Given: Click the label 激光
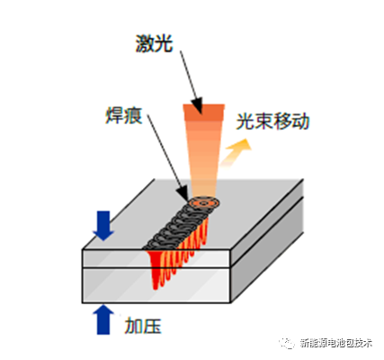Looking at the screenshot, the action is (x=155, y=44).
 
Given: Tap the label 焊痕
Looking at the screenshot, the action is (x=124, y=115).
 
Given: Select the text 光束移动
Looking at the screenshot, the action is (x=272, y=121).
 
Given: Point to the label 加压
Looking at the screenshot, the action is (x=143, y=326).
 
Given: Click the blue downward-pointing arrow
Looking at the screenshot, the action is (x=103, y=226).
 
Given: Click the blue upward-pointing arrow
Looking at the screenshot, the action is (x=103, y=319).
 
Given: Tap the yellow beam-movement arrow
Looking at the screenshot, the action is (x=236, y=152).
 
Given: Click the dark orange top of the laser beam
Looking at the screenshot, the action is (x=204, y=112).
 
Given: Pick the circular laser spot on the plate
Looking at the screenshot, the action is (x=204, y=203).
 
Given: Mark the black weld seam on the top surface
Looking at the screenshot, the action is (x=177, y=228).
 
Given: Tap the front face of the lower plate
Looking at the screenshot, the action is (x=156, y=285).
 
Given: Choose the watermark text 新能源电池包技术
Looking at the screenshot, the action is (x=335, y=343).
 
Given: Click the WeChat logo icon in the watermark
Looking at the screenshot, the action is (x=287, y=343).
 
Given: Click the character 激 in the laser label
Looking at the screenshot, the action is (x=145, y=44).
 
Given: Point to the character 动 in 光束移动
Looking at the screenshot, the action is (x=300, y=121).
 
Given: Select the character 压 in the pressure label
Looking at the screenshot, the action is (x=152, y=326).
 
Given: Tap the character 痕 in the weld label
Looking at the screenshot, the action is (x=133, y=115).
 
